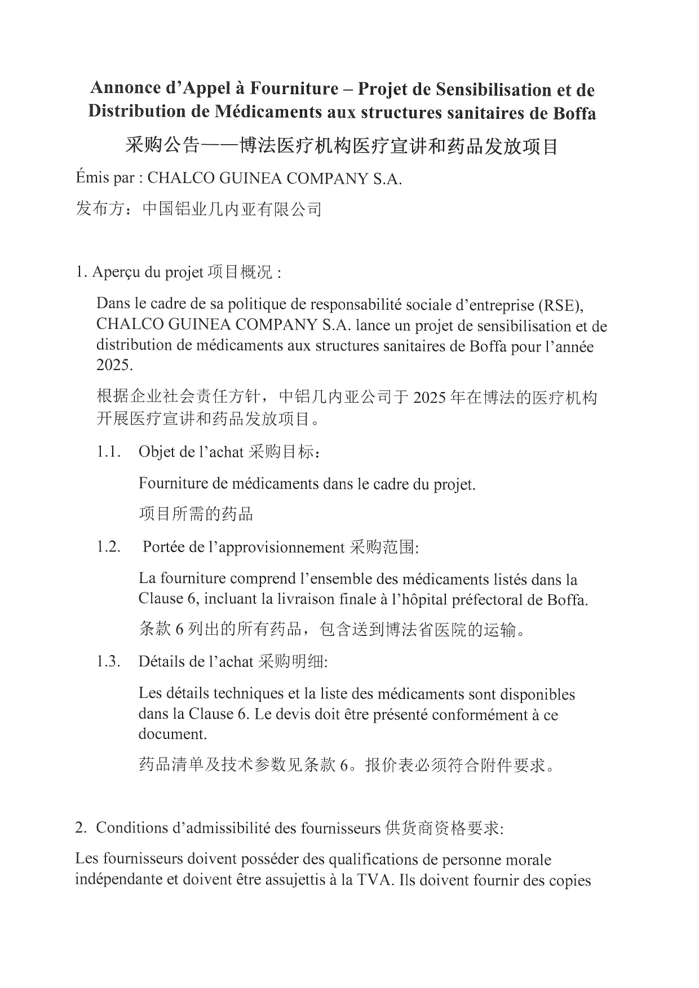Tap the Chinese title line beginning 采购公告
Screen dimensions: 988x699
tap(341, 146)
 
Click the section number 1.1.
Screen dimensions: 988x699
tap(108, 452)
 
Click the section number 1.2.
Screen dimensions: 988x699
tap(108, 547)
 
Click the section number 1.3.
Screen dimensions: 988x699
tap(108, 661)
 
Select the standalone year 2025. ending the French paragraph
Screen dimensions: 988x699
tap(115, 365)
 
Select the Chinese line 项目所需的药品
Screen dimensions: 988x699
tap(196, 514)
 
